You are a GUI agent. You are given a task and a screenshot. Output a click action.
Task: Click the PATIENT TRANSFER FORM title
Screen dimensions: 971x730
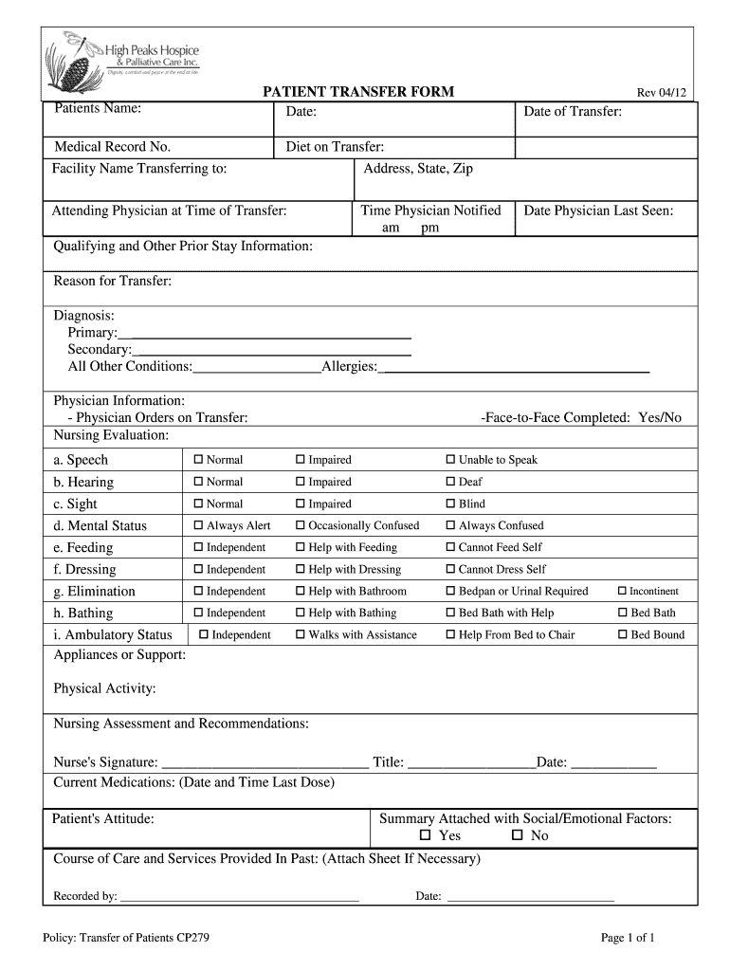[357, 92]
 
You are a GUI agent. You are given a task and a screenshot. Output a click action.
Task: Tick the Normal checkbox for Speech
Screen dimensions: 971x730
[199, 460]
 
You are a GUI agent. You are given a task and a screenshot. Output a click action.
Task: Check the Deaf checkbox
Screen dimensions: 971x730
[451, 482]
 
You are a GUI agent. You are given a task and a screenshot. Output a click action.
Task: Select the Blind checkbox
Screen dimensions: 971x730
[451, 504]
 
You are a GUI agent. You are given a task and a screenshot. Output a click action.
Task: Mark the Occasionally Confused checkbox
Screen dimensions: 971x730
[301, 525]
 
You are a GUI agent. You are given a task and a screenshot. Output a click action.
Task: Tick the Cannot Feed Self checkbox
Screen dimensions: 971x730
[451, 547]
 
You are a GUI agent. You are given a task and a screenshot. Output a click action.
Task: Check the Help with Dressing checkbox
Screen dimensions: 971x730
[301, 570]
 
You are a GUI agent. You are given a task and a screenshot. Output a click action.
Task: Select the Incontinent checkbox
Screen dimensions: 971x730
[623, 591]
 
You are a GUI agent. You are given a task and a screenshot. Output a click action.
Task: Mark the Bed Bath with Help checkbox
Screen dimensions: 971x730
[451, 614]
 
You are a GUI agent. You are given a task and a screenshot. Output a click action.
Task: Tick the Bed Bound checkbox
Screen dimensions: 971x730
[623, 635]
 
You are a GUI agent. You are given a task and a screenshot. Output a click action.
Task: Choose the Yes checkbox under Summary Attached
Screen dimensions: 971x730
[426, 835]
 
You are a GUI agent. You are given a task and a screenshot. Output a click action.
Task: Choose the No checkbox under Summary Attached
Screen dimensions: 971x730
[518, 835]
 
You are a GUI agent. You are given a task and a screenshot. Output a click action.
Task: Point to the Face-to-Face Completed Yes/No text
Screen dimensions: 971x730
[581, 417]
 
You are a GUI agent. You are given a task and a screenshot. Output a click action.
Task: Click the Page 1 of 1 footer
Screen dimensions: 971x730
[628, 938]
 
